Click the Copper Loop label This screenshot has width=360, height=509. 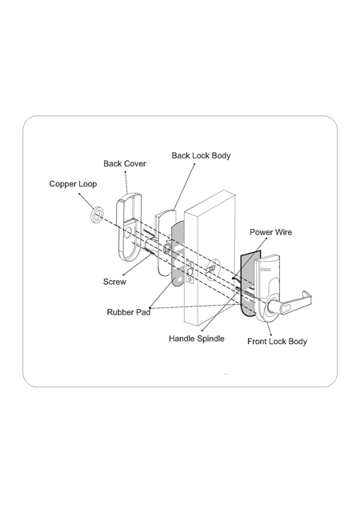[73, 184]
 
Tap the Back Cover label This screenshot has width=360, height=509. [125, 163]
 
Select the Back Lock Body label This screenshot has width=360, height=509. [201, 156]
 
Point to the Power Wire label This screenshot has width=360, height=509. [270, 232]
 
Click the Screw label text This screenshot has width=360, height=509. [114, 282]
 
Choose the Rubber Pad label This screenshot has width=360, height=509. [129, 312]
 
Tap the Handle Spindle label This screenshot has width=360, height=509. [196, 339]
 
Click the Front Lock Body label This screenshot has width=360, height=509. [277, 342]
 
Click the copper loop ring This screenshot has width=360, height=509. [97, 214]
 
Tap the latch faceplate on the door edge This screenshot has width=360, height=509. [190, 272]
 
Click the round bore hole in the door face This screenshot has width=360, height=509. [213, 269]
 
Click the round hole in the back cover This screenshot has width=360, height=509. [129, 233]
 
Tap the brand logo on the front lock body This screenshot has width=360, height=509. [266, 268]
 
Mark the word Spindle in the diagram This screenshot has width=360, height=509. [210, 339]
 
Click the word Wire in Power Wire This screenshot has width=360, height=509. [283, 232]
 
